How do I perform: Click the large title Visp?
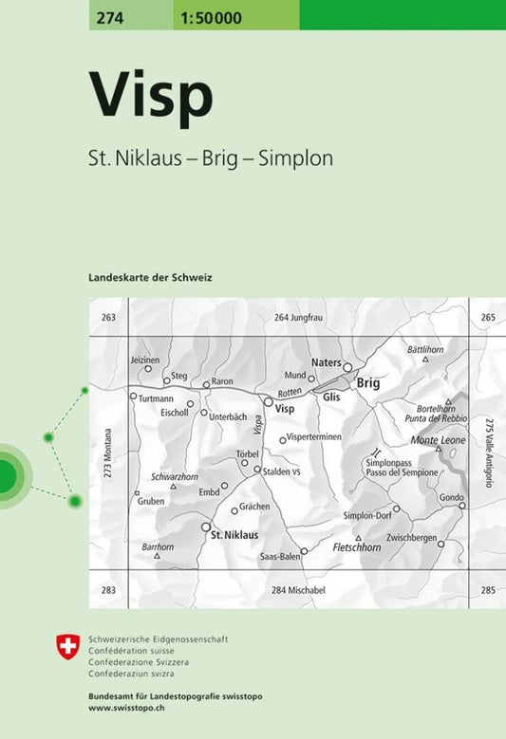coord(151,94)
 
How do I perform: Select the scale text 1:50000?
coord(214,16)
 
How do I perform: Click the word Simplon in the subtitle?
coord(302,158)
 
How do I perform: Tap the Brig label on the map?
coord(367,383)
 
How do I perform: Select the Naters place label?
coord(326,363)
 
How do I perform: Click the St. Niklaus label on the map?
coord(234,535)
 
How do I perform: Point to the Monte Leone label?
coord(437,440)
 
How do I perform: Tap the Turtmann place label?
coord(156,400)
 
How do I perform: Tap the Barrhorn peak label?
coord(158,546)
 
